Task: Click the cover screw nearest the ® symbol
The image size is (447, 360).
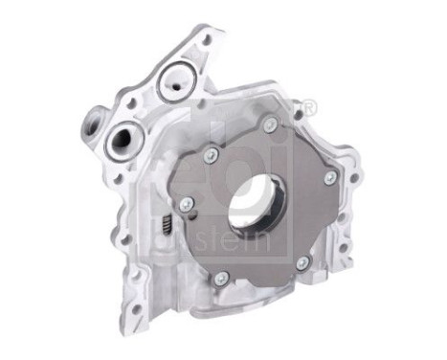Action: [271, 124]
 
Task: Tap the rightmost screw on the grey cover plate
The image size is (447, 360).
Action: [329, 178]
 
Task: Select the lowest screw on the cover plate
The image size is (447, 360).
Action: [221, 278]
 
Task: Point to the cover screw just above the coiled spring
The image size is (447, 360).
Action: [187, 203]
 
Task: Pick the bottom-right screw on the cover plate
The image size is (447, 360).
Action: [302, 261]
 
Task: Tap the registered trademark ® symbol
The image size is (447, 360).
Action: [308, 113]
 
